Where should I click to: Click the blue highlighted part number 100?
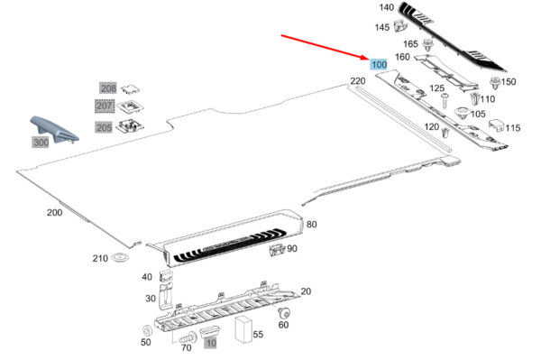(x=379, y=64)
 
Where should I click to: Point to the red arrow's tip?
(x=368, y=59)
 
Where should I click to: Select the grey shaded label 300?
(x=41, y=142)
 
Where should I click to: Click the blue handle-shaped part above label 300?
(x=54, y=129)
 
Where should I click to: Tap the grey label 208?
(x=108, y=88)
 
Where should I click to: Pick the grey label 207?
(x=105, y=106)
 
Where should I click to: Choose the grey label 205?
(x=104, y=127)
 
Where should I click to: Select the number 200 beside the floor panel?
(x=54, y=213)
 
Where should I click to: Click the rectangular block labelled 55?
(x=243, y=330)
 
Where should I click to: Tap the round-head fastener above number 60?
(x=284, y=313)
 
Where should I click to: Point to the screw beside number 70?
(x=188, y=337)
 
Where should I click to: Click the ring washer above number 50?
(x=147, y=330)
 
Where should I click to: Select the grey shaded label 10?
(x=210, y=343)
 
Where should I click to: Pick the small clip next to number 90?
(x=277, y=248)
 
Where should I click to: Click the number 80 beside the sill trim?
(x=312, y=225)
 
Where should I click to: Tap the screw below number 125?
(x=445, y=100)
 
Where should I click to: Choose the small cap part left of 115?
(x=496, y=125)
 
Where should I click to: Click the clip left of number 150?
(x=495, y=83)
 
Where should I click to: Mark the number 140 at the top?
(x=386, y=7)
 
